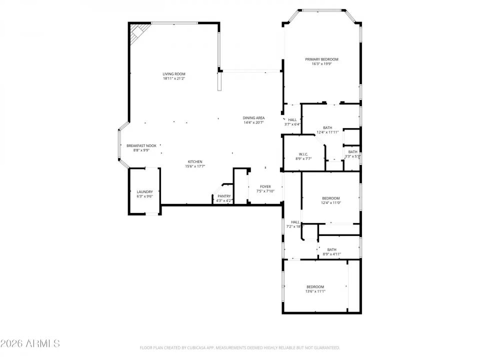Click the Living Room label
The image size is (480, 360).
(173, 74)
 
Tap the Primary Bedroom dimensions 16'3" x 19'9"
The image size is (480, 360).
(322, 64)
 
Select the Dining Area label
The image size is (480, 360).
(253, 117)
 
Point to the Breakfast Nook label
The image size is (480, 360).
(141, 145)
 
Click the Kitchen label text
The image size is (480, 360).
(194, 161)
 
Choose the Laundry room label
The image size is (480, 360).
(144, 192)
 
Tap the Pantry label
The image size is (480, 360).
(224, 196)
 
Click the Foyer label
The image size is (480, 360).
(265, 186)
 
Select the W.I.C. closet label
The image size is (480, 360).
(303, 154)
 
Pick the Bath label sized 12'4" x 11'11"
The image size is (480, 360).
(327, 127)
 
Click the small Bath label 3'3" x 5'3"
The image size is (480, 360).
(352, 152)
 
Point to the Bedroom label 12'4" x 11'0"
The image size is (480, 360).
(330, 198)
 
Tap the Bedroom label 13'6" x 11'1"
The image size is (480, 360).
(315, 286)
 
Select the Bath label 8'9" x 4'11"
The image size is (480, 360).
(331, 249)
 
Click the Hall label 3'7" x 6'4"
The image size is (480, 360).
(292, 120)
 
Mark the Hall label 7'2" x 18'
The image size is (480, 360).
(295, 222)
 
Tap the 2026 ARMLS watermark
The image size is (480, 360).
(30, 343)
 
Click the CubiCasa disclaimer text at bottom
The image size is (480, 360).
(239, 347)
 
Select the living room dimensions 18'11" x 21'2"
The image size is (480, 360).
(173, 78)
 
